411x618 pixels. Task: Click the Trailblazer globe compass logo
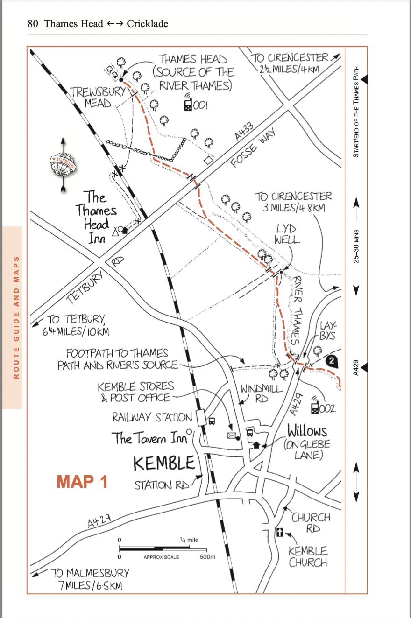[64, 165]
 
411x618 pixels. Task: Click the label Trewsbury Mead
[97, 97]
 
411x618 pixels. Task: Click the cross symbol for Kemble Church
[280, 532]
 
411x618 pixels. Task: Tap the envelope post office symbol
[231, 435]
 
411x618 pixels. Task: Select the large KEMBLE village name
[164, 463]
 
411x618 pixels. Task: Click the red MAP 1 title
[82, 481]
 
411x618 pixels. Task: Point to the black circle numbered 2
[331, 360]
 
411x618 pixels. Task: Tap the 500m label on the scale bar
[207, 557]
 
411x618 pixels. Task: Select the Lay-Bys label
[327, 330]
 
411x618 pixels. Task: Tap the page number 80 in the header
[33, 23]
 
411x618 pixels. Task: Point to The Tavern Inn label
[149, 438]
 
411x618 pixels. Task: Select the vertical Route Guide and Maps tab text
[17, 317]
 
